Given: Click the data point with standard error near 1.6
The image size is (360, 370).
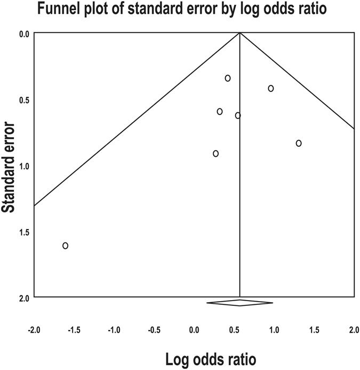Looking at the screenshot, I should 65,246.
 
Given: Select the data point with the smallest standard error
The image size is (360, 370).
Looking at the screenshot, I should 228,78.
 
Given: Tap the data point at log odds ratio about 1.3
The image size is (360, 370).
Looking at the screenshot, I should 299,143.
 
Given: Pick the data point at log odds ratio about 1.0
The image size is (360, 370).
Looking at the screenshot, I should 271,89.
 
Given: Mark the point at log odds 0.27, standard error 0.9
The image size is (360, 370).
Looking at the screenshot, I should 215,154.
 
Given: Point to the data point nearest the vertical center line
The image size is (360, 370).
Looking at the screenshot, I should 238,115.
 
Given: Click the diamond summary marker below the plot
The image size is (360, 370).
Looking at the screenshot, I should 239,303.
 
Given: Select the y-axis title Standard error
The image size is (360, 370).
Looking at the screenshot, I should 9,167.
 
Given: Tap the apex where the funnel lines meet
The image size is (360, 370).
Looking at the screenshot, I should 240,33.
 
